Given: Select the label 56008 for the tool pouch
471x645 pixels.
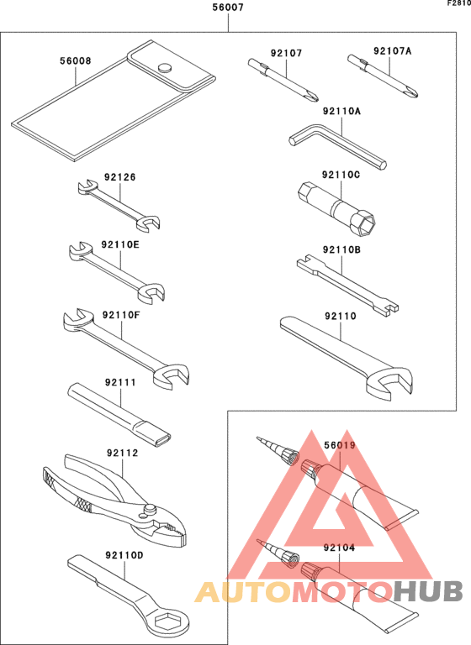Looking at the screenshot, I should coord(76,60).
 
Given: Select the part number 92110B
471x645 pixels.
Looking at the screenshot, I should coord(341,249).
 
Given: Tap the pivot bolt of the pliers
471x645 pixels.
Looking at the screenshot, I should coord(149,509).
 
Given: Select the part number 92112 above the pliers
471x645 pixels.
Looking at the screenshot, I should coord(122,453).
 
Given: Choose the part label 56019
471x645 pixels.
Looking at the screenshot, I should coord(341,445).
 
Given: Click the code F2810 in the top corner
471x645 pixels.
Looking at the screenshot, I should coord(458,4).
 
